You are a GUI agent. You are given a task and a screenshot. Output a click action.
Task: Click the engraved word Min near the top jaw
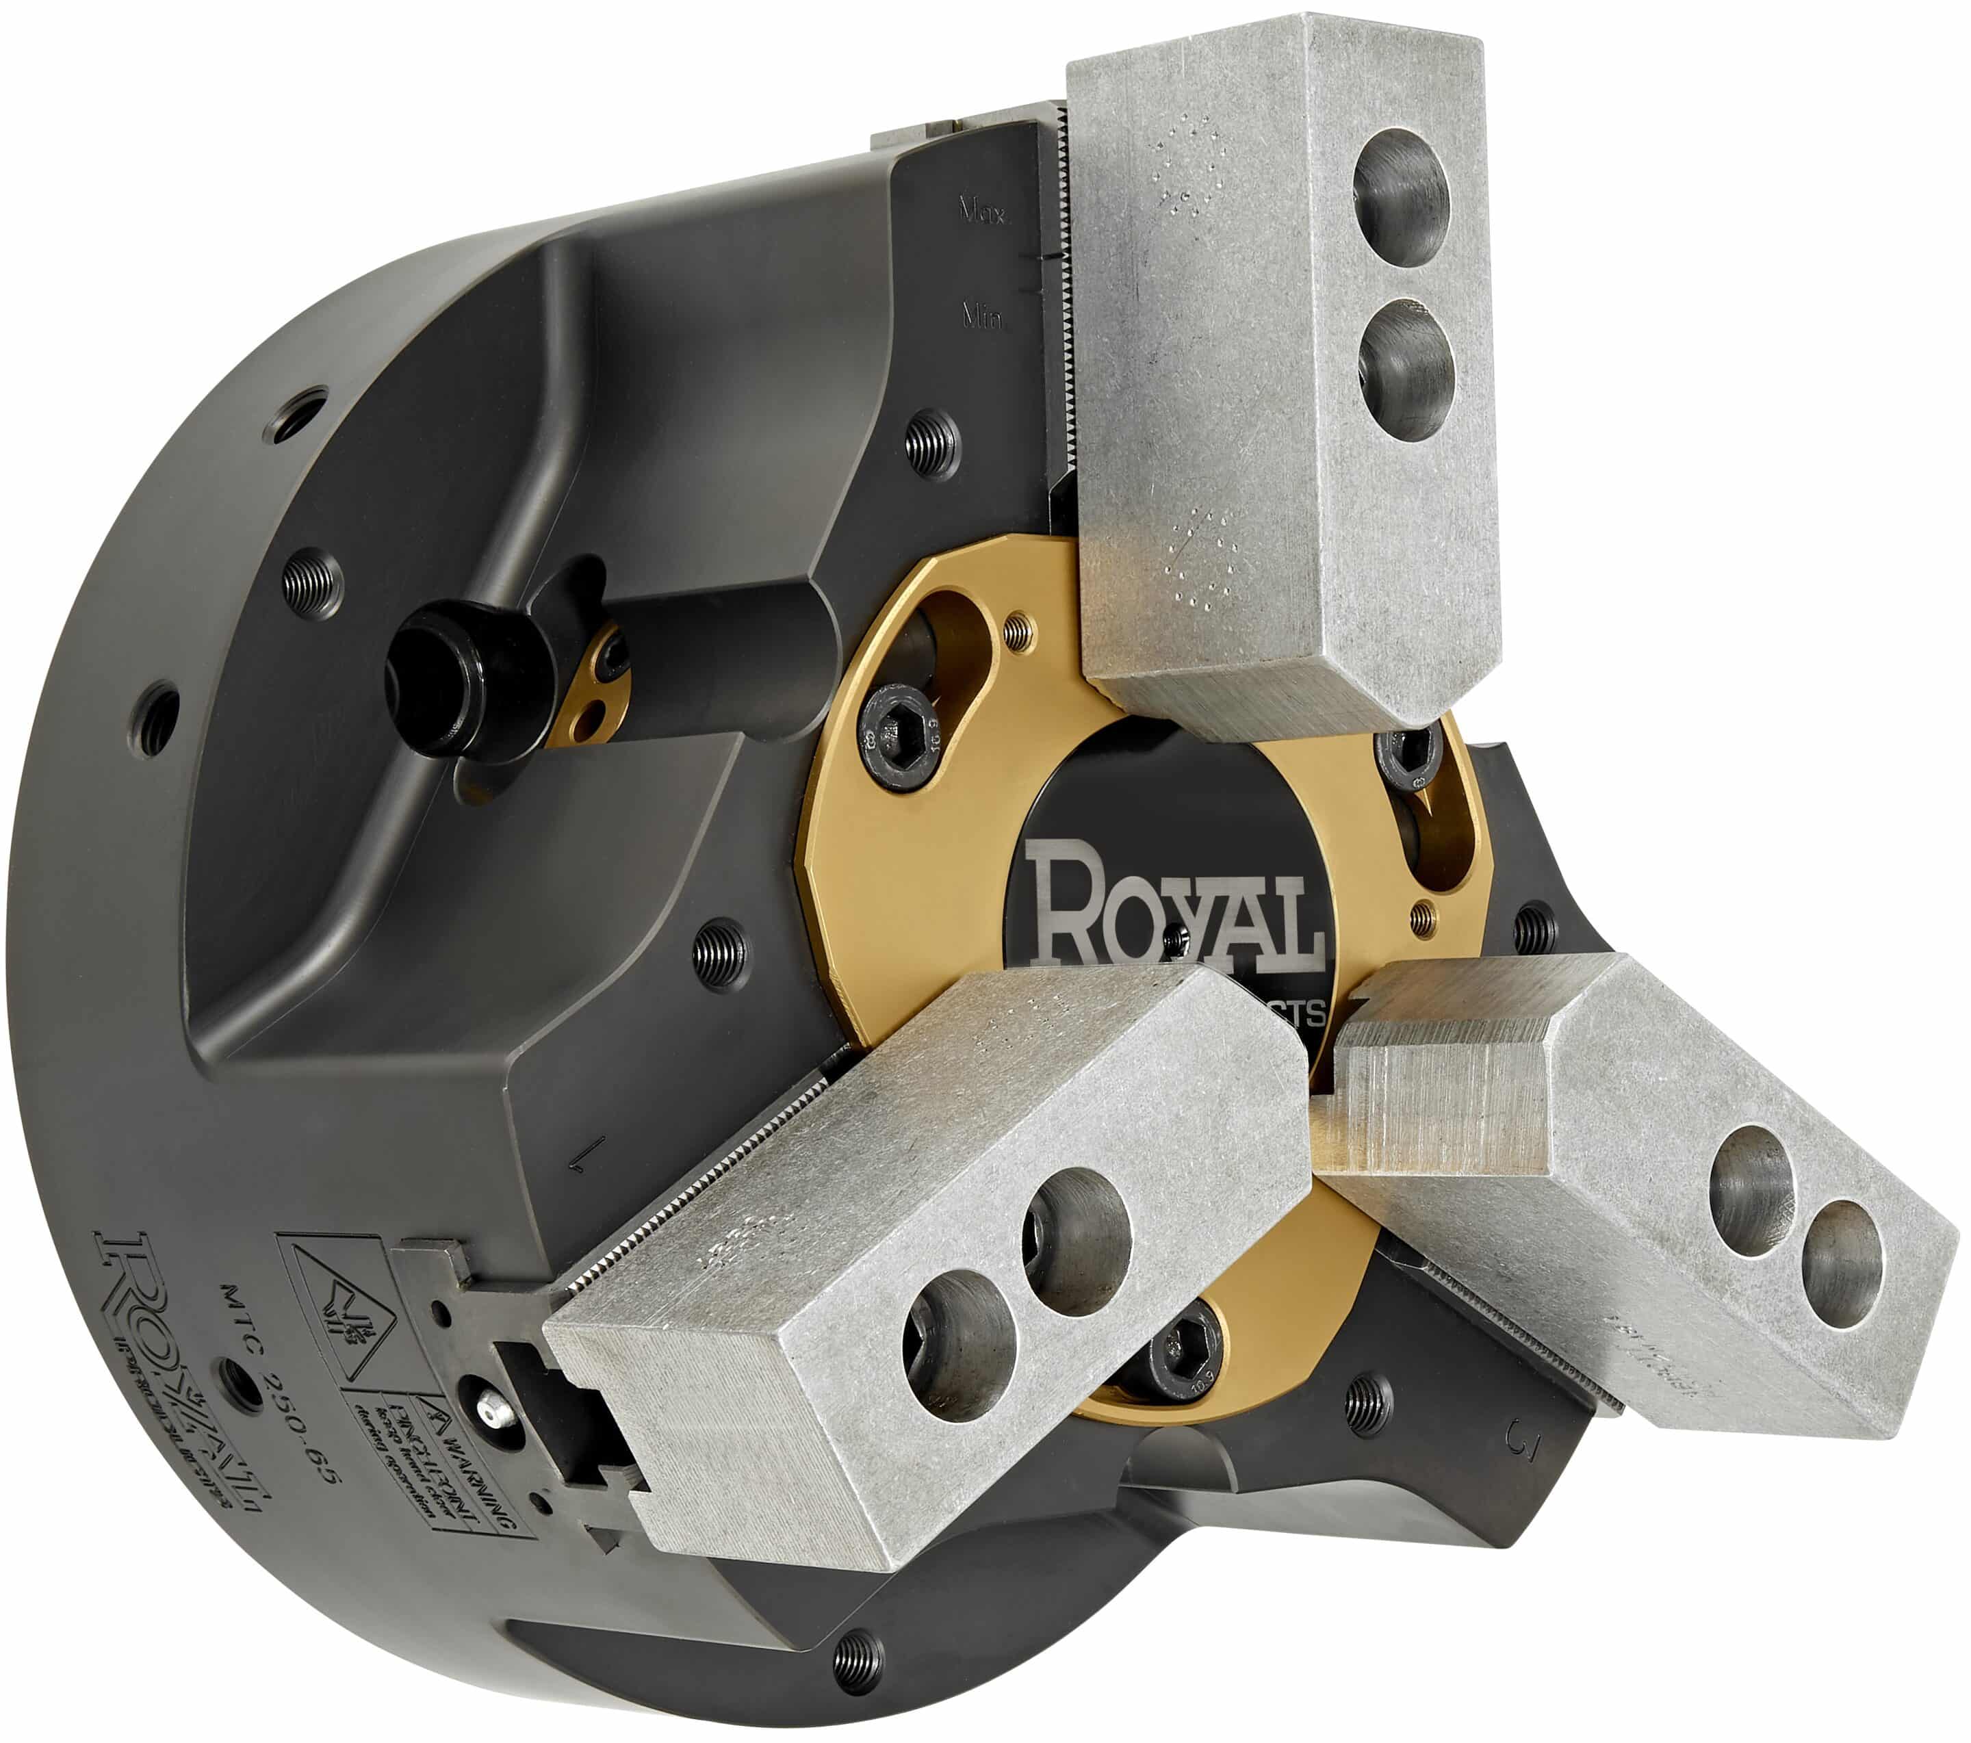tap(981, 315)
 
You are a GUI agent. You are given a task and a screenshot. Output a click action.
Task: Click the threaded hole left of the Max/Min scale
tap(933, 441)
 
